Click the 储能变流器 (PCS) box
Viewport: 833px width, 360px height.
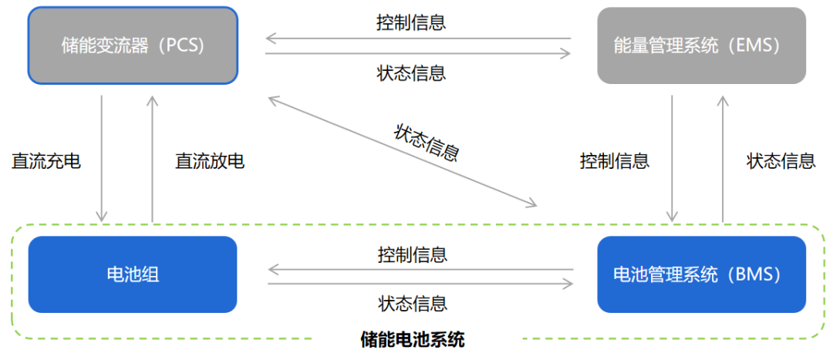133,45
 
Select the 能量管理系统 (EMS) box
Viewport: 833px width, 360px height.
701,45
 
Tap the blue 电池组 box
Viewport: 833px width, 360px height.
133,274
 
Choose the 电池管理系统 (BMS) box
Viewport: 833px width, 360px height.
701,274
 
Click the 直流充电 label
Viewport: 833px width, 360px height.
46,161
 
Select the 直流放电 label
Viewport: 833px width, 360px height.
210,161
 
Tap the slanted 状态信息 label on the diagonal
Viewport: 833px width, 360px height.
427,142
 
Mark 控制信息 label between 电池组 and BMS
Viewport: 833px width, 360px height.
413,254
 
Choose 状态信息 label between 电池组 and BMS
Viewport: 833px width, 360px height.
413,303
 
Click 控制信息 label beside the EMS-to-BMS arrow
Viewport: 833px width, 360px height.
615,161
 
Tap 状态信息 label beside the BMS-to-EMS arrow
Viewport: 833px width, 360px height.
781,161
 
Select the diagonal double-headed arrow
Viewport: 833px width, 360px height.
401,151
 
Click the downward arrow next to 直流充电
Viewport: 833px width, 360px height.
102,158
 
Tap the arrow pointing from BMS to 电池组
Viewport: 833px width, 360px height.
420,270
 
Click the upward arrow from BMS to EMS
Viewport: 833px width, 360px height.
723,158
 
